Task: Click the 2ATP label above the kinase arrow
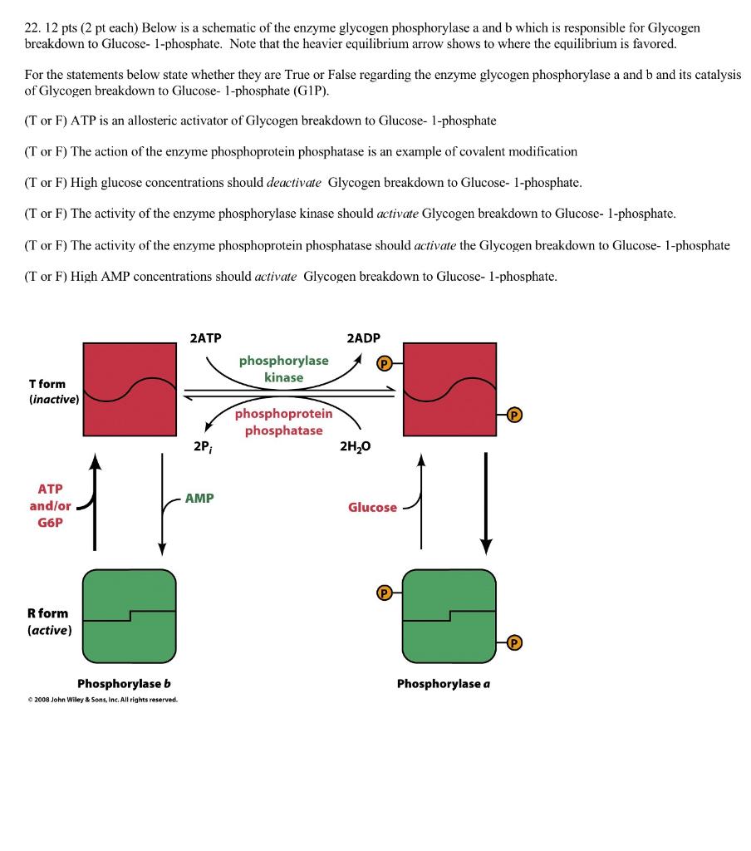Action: (205, 338)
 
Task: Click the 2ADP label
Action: (363, 338)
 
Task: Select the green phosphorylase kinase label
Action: (284, 369)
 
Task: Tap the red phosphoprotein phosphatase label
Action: (283, 421)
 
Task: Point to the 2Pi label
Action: (202, 446)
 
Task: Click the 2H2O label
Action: (356, 446)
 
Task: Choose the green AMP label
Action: (199, 498)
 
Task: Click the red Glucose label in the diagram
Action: (372, 507)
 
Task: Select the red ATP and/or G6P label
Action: (47, 505)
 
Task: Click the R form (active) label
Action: (49, 621)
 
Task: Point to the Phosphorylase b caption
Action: (124, 683)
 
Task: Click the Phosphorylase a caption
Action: (444, 683)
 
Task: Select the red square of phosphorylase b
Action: (130, 389)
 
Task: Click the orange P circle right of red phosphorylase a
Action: (515, 415)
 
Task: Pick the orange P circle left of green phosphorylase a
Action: (384, 593)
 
